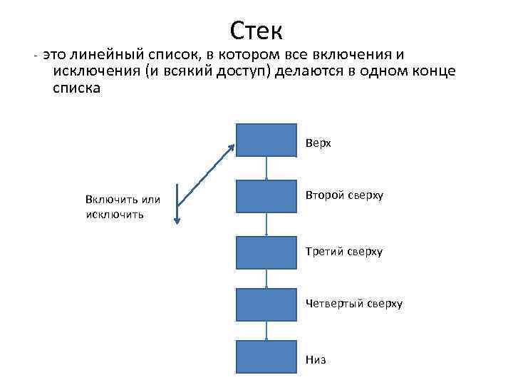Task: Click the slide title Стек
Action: (256, 30)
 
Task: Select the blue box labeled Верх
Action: (266, 140)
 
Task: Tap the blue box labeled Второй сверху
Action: (266, 196)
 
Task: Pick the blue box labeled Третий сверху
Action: (266, 252)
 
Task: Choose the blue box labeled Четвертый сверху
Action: (266, 304)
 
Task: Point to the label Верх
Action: (318, 143)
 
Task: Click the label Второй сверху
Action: (344, 195)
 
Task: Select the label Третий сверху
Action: (344, 252)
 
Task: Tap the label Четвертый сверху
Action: (354, 304)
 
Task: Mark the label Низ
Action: (316, 360)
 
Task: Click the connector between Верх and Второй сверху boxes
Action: (266, 168)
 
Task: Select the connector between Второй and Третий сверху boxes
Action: (266, 224)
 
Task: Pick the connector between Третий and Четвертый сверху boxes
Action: (266, 278)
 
